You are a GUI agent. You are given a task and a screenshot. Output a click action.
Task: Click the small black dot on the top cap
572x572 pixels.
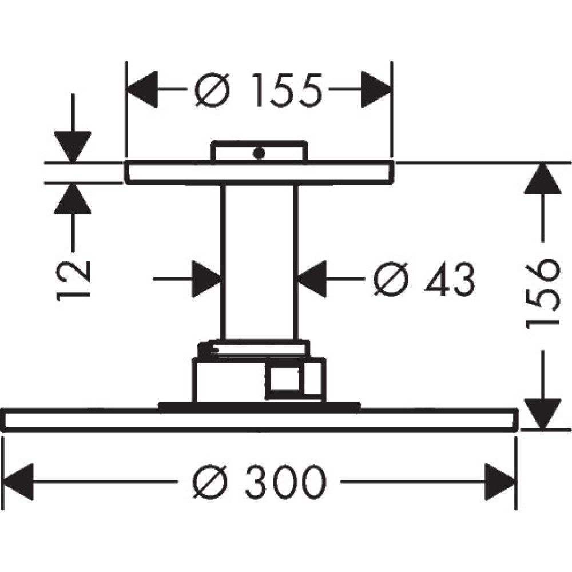pyautogui.click(x=260, y=153)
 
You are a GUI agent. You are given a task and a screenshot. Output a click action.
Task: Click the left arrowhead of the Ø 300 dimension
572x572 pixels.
pyautogui.click(x=17, y=482)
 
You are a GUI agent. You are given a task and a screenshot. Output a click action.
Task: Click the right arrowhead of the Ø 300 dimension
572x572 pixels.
pyautogui.click(x=502, y=482)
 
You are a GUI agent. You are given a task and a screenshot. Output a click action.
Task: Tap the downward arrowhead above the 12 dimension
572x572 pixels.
pyautogui.click(x=73, y=146)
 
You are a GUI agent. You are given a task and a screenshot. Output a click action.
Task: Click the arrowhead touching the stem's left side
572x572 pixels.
pyautogui.click(x=206, y=279)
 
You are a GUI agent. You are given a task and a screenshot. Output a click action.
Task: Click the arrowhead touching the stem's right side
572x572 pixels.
pyautogui.click(x=312, y=279)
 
